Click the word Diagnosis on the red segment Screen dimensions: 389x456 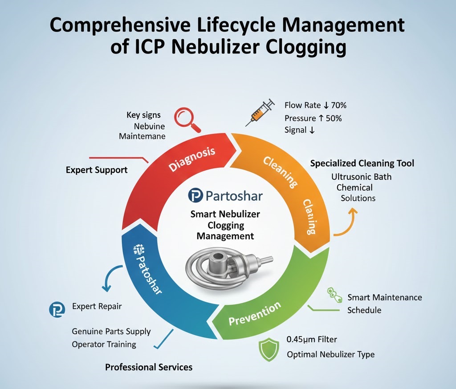192,159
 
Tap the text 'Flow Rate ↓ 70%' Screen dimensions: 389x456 315,105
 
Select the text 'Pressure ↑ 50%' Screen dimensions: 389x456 313,118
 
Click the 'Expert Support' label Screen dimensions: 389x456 96,170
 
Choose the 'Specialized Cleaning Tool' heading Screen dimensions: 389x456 362,163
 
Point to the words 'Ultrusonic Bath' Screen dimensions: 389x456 361,177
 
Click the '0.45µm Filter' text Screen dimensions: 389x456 312,340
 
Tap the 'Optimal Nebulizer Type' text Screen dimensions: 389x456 330,355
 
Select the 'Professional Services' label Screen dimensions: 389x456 149,367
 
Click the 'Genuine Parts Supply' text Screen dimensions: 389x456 111,332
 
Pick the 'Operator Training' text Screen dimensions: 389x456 104,344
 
